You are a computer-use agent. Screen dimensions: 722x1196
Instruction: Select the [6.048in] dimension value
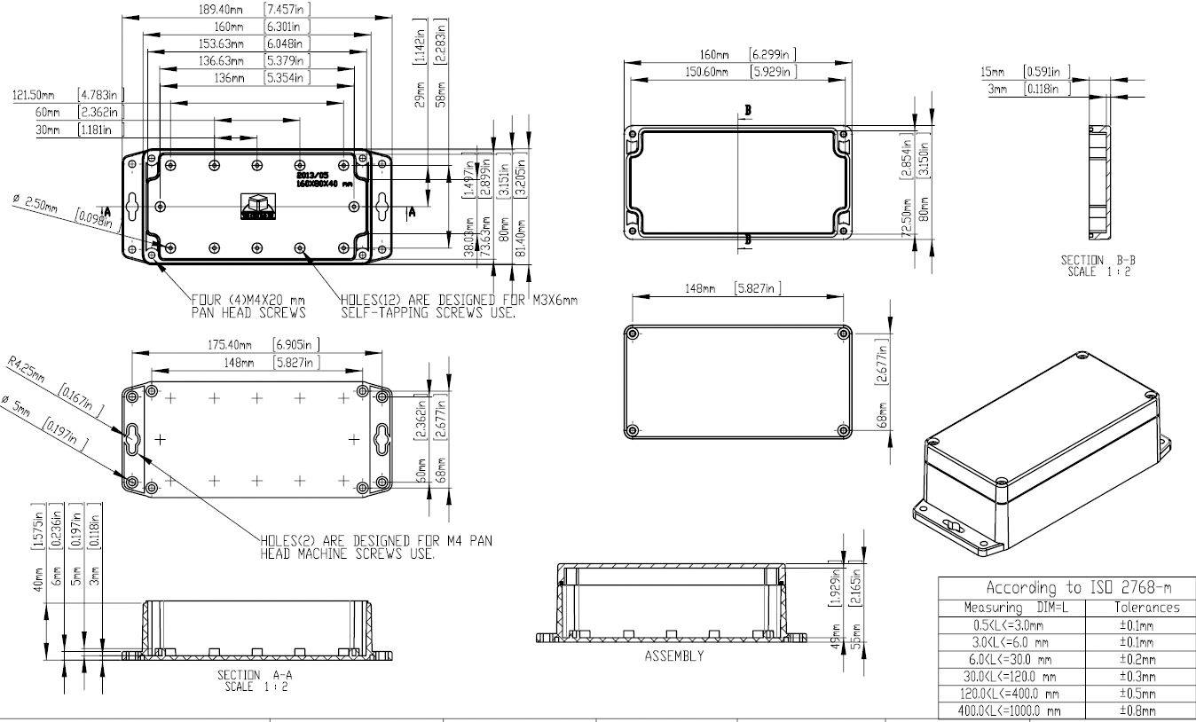coord(286,43)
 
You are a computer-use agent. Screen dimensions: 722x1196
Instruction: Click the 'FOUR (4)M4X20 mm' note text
coord(249,300)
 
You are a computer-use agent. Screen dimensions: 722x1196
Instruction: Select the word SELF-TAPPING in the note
coord(382,312)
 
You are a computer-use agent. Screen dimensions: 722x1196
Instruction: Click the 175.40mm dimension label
coord(229,344)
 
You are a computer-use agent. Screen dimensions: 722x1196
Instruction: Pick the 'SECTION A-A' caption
coord(252,675)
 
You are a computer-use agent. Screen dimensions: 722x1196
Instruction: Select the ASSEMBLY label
coord(673,656)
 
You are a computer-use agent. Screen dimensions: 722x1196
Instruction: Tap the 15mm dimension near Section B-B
coord(993,71)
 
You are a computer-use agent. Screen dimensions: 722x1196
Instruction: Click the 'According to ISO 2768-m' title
coord(1066,587)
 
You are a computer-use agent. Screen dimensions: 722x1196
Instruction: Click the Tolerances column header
coord(1146,608)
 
